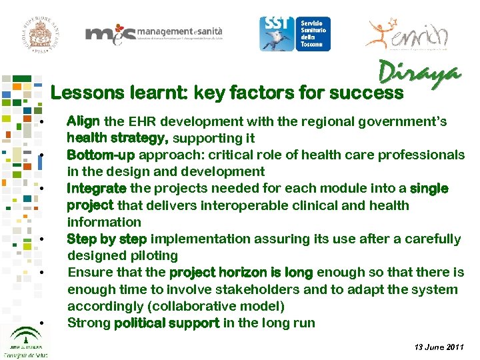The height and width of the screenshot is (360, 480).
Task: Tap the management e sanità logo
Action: [x=153, y=34]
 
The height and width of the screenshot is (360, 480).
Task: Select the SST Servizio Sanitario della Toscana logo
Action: [x=295, y=33]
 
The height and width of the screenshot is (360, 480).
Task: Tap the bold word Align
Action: [x=83, y=121]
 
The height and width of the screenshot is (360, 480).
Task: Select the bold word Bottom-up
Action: [x=101, y=155]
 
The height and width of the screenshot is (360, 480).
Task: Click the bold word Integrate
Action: [x=97, y=189]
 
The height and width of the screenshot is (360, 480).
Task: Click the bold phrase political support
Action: [x=167, y=323]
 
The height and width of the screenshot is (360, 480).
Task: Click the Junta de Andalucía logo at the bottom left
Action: [x=23, y=340]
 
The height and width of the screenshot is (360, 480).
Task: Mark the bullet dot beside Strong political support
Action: [x=41, y=324]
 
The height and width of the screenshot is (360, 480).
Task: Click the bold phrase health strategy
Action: [x=117, y=139]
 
